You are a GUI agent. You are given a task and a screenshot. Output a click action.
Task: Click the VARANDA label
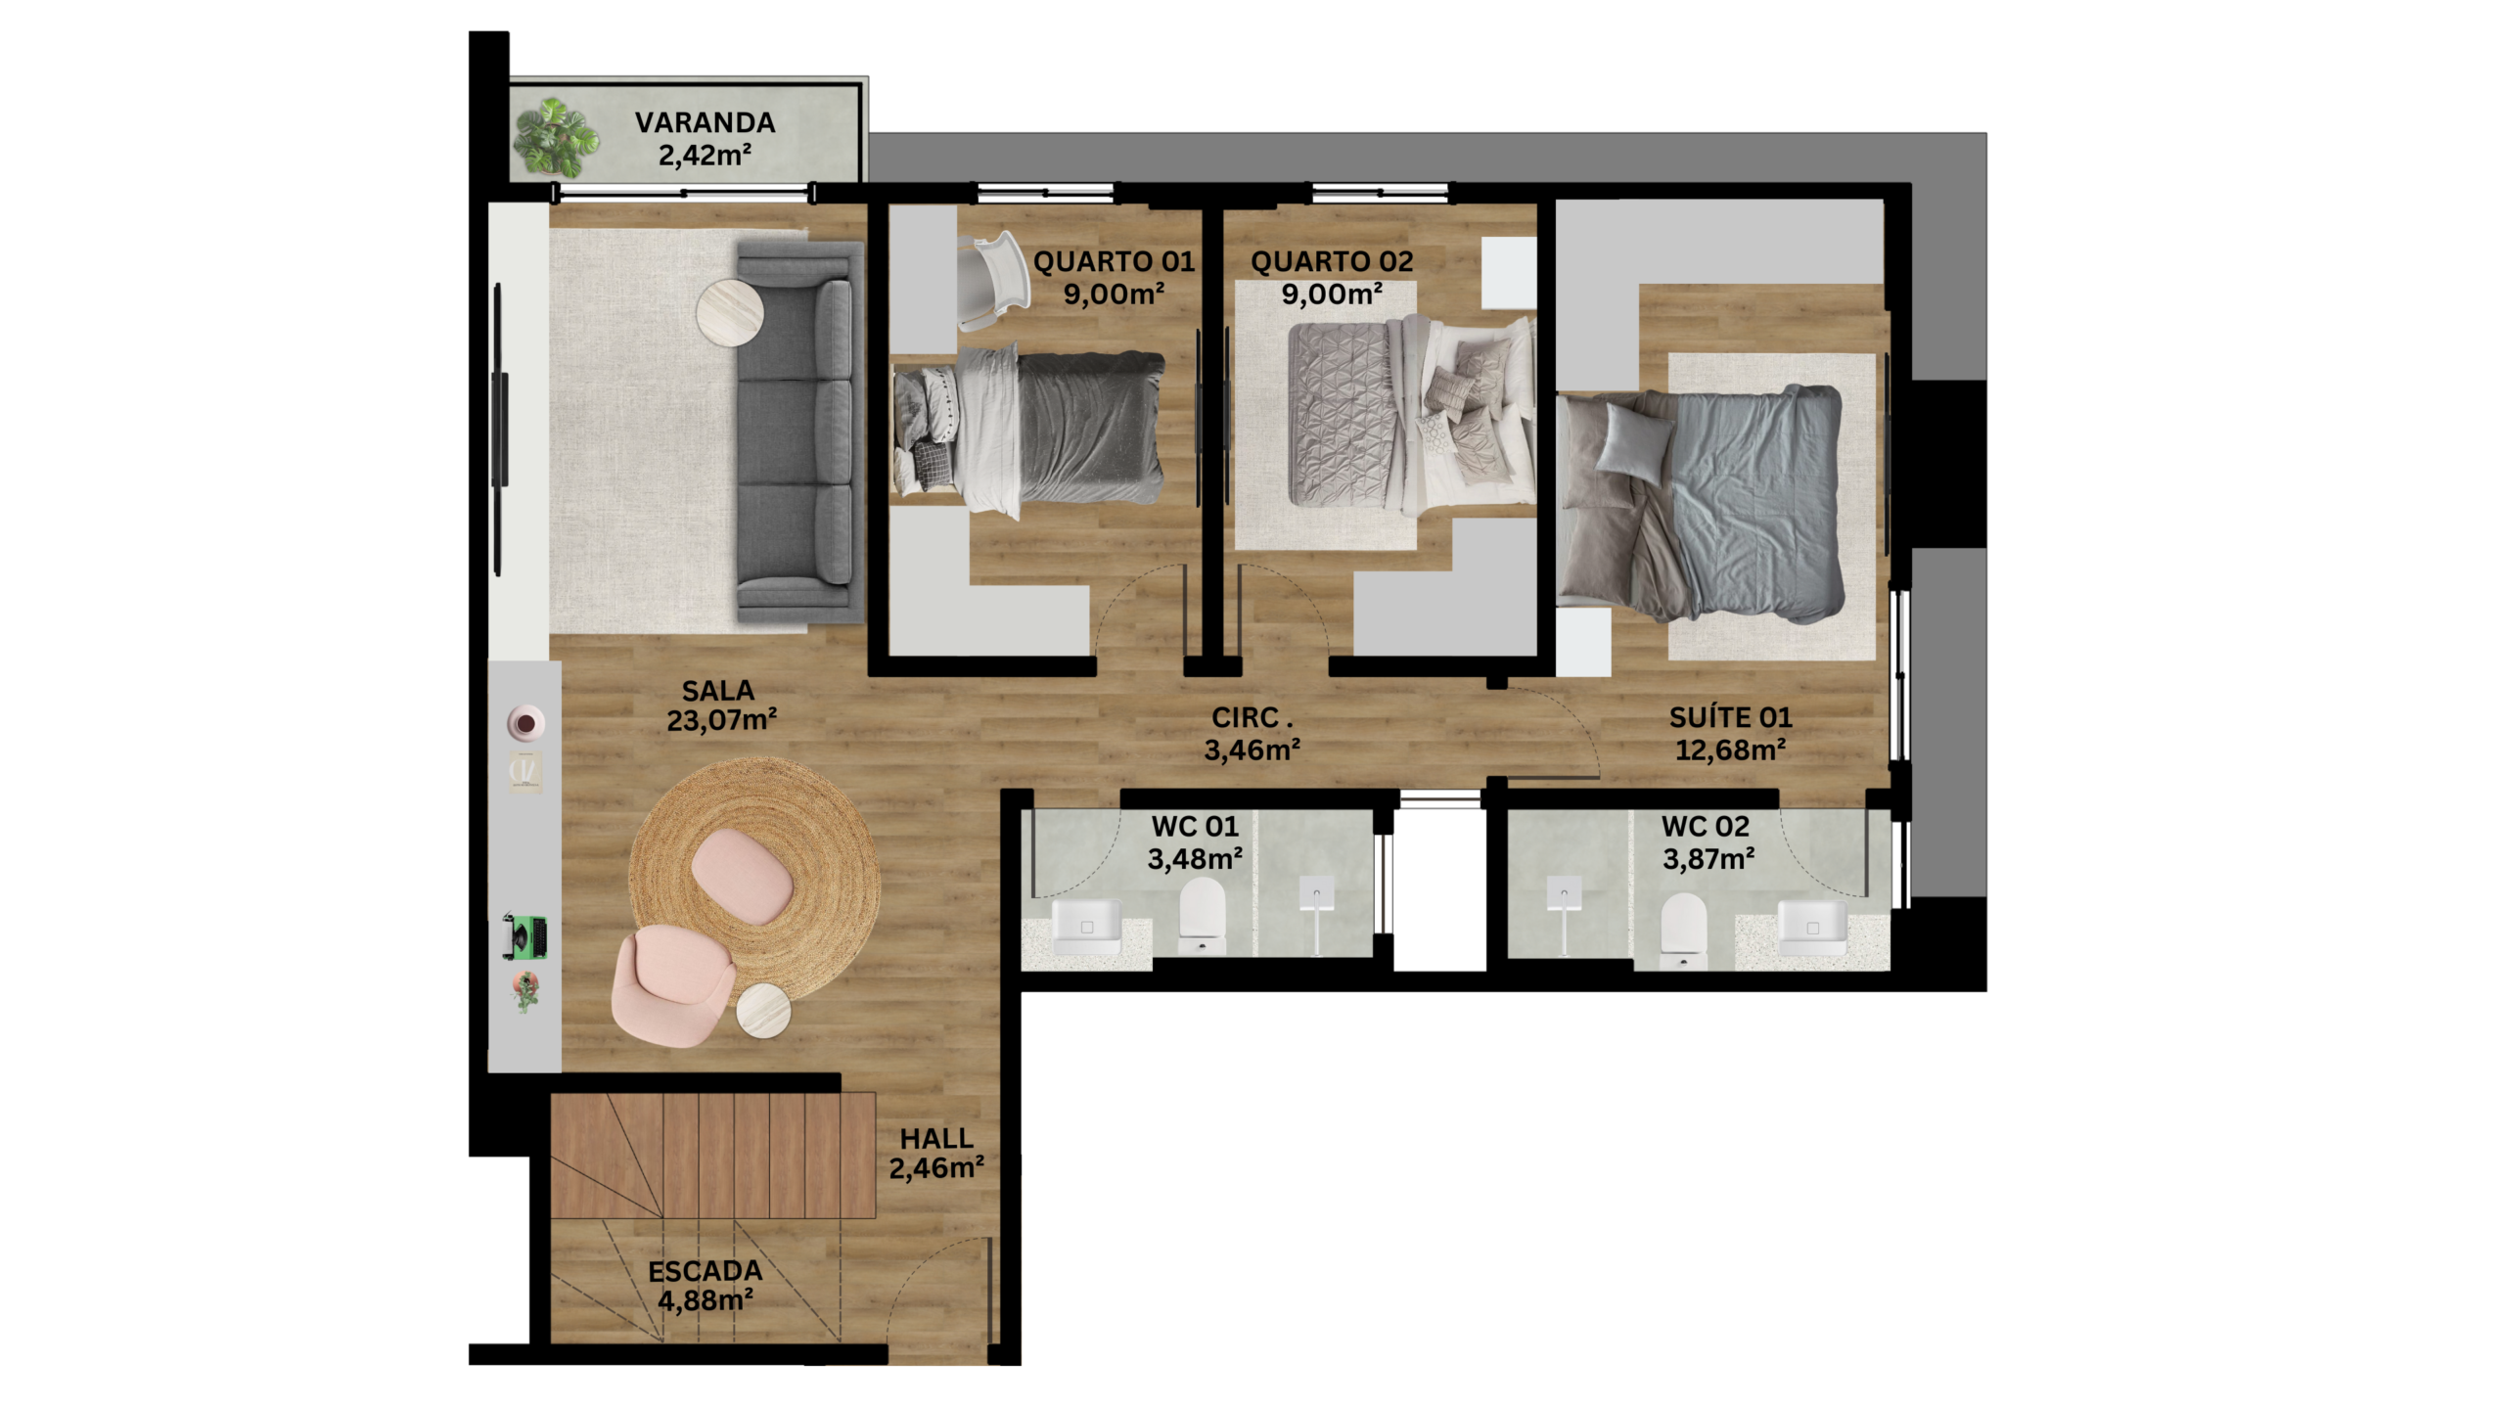click(705, 122)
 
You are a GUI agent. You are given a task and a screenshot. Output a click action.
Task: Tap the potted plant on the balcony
click(556, 137)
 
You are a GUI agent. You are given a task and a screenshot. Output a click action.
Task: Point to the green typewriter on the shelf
click(524, 936)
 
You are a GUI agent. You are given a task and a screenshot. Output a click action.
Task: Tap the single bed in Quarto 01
click(1028, 431)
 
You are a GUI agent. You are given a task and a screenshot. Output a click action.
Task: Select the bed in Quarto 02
click(1410, 417)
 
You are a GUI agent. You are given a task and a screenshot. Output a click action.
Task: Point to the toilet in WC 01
click(1202, 916)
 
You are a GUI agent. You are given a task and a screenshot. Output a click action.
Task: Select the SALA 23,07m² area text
click(721, 705)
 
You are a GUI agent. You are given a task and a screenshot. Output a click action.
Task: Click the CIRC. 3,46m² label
click(1252, 733)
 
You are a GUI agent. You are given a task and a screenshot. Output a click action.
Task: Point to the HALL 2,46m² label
click(936, 1153)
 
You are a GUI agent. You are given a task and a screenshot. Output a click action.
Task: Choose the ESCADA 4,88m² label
click(706, 1286)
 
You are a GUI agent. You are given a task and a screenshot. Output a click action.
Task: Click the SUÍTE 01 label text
click(1731, 717)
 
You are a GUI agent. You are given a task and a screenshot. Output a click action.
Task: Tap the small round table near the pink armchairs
click(763, 1011)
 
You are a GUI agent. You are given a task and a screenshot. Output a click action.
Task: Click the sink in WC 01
click(1086, 926)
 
